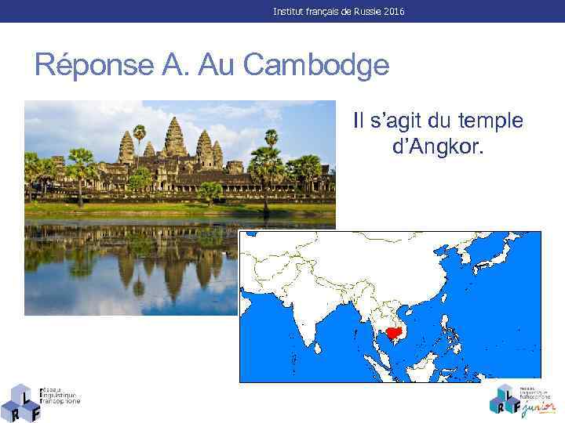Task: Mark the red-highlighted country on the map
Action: tap(390, 333)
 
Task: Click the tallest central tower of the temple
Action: tap(175, 137)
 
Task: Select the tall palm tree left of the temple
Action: tap(139, 137)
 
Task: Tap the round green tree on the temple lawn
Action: tap(210, 191)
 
